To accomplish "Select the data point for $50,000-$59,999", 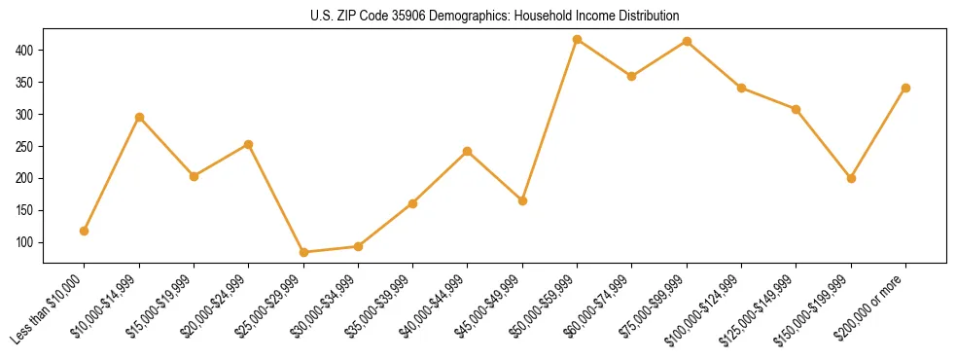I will pyautogui.click(x=578, y=40).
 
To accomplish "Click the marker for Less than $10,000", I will pyautogui.click(x=85, y=231).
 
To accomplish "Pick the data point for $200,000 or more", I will pyautogui.click(x=905, y=88).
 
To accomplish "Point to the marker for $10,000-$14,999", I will pyautogui.click(x=139, y=117).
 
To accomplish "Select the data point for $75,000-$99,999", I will pyautogui.click(x=687, y=41).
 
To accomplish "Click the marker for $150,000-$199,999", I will pyautogui.click(x=851, y=178).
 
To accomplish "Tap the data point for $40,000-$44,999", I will pyautogui.click(x=468, y=151).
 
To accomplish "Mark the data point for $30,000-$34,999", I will pyautogui.click(x=358, y=246).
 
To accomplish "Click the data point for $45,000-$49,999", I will pyautogui.click(x=522, y=200).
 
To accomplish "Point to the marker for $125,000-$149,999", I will pyautogui.click(x=796, y=109).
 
